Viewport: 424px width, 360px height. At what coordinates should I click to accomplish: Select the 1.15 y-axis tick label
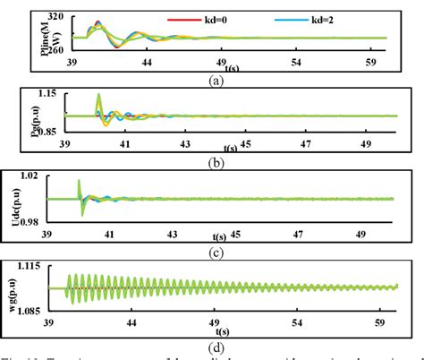pos(47,94)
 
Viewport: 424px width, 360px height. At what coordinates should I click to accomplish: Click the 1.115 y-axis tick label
pos(41,268)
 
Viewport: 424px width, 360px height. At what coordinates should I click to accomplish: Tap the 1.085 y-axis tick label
pos(41,309)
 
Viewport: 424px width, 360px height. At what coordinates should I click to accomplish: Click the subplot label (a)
pos(216,80)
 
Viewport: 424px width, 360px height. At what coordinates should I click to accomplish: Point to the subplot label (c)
pos(214,251)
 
